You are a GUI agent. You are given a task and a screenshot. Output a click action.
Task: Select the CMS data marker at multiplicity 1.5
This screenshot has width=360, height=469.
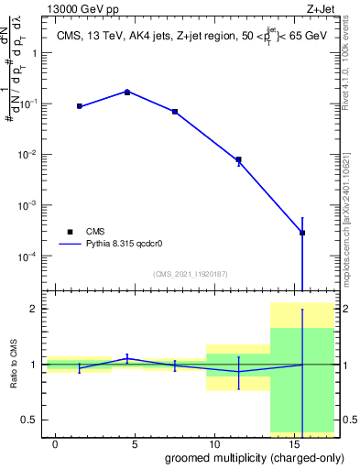pos(80,106)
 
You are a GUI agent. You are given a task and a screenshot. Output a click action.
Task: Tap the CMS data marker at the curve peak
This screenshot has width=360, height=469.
pos(127,92)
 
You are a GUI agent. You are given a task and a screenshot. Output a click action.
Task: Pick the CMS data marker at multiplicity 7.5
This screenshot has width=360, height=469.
pos(175,112)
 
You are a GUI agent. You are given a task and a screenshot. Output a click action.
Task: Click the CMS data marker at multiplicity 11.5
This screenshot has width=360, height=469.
pos(238,159)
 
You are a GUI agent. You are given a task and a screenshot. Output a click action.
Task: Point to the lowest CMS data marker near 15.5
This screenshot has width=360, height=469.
pos(302,233)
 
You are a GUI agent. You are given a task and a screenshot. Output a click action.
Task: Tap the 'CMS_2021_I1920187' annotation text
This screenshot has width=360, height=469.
pos(190,274)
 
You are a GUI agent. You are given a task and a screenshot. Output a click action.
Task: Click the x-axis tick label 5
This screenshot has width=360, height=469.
pos(136,444)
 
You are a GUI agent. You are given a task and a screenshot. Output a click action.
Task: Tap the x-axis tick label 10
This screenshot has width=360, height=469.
pos(214,444)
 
